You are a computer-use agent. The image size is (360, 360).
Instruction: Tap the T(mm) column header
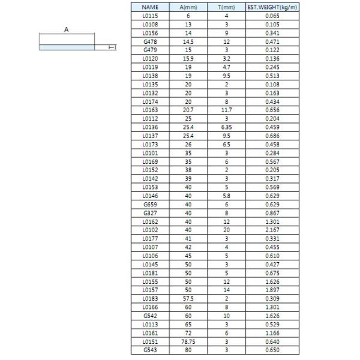226,7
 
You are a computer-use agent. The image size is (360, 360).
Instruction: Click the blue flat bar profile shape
67,47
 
